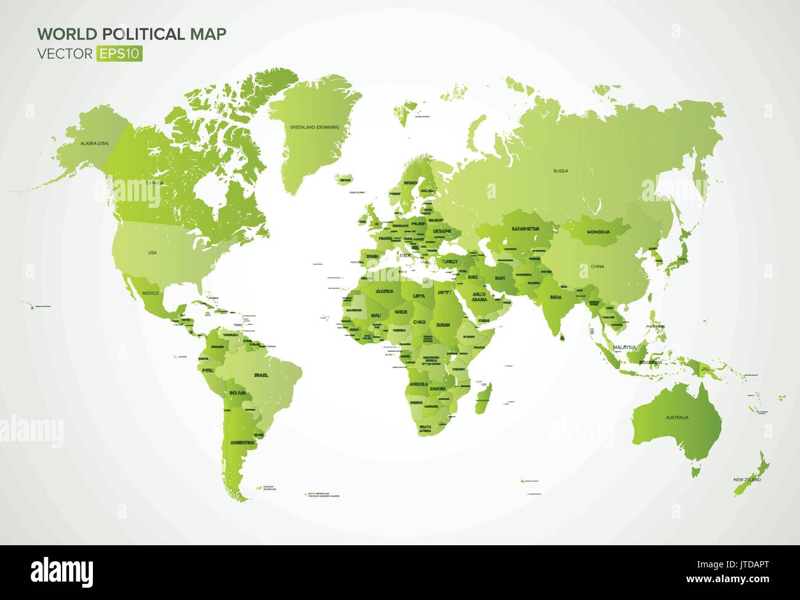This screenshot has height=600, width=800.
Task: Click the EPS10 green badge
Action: point(119,54)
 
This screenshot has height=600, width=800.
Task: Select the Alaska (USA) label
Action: point(94,143)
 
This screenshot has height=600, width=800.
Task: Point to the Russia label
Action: point(560,170)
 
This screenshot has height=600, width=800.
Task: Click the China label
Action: point(597,266)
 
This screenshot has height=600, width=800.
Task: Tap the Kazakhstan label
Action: point(524,228)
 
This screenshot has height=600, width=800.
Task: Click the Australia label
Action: point(676,417)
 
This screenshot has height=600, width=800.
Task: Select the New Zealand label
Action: point(746,479)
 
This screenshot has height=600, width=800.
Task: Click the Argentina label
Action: point(242,442)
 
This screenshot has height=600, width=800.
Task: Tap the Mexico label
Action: point(151,293)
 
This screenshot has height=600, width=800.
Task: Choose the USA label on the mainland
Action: point(152,252)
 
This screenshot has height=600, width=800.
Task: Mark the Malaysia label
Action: point(624,348)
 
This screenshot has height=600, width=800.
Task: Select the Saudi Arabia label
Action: point(480,297)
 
